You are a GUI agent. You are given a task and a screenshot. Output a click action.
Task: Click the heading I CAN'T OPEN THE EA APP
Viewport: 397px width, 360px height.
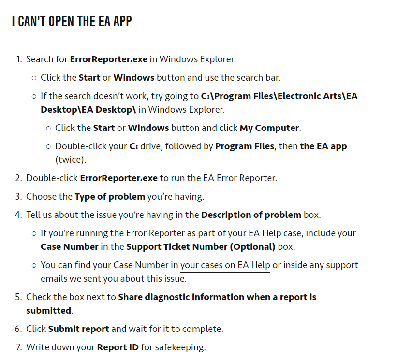pyautogui.click(x=72, y=21)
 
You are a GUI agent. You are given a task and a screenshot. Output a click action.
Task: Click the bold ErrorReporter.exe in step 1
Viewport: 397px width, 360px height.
pyautogui.click(x=108, y=59)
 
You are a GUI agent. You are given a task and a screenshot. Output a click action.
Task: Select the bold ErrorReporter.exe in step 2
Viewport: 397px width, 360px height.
pyautogui.click(x=118, y=178)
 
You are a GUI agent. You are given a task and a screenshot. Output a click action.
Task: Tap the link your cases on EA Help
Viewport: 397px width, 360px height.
pyautogui.click(x=225, y=265)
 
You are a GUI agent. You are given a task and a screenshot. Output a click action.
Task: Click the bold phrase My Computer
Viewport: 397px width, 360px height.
pyautogui.click(x=269, y=128)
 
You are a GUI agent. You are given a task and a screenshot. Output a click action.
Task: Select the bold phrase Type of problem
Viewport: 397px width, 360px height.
pyautogui.click(x=110, y=197)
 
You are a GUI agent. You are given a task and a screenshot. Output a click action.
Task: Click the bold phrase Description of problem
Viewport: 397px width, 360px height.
pyautogui.click(x=251, y=215)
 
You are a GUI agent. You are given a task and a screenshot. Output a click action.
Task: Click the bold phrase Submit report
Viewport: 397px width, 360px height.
pyautogui.click(x=78, y=329)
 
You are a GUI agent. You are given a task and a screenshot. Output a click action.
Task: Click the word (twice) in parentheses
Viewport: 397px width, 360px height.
pyautogui.click(x=70, y=159)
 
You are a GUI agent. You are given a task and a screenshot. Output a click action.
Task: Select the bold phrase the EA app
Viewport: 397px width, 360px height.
pyautogui.click(x=323, y=146)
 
